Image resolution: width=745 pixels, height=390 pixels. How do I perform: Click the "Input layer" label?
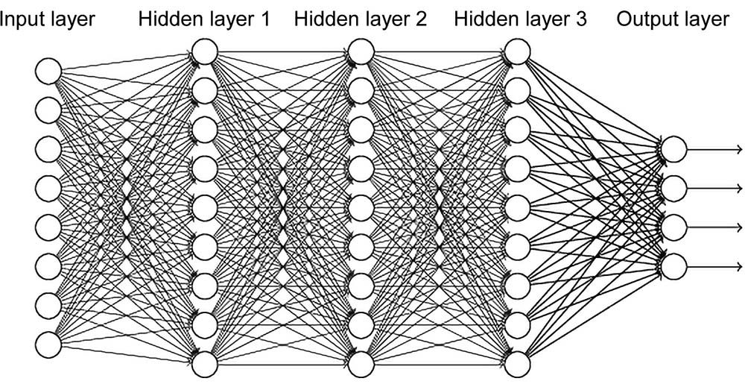[x=48, y=19]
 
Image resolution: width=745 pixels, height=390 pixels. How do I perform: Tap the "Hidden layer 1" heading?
[x=204, y=19]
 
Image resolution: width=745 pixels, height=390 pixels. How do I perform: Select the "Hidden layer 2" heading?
[x=361, y=19]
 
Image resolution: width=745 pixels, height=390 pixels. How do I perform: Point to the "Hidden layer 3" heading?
[x=519, y=19]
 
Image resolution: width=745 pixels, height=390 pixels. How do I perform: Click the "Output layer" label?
[x=673, y=19]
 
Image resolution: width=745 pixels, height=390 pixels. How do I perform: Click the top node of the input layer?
[x=48, y=72]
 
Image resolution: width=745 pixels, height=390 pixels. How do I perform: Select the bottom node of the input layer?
[x=48, y=344]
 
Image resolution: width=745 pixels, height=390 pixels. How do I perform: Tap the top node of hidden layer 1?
[x=204, y=51]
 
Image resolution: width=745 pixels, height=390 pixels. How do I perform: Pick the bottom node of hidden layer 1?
[x=204, y=363]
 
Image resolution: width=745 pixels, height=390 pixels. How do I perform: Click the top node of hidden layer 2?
[x=361, y=51]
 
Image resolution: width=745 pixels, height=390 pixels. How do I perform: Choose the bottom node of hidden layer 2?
[x=361, y=363]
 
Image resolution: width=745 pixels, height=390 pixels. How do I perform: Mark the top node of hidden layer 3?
[x=517, y=51]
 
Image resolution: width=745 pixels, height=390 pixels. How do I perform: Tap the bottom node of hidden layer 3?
[x=517, y=363]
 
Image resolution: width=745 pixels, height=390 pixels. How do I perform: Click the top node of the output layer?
[x=673, y=148]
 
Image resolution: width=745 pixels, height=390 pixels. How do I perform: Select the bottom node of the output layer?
[x=673, y=265]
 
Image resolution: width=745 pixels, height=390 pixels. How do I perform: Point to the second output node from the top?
[x=673, y=187]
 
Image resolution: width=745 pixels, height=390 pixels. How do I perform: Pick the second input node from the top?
[x=48, y=110]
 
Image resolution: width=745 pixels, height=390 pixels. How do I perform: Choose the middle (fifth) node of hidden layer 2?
[x=361, y=207]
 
